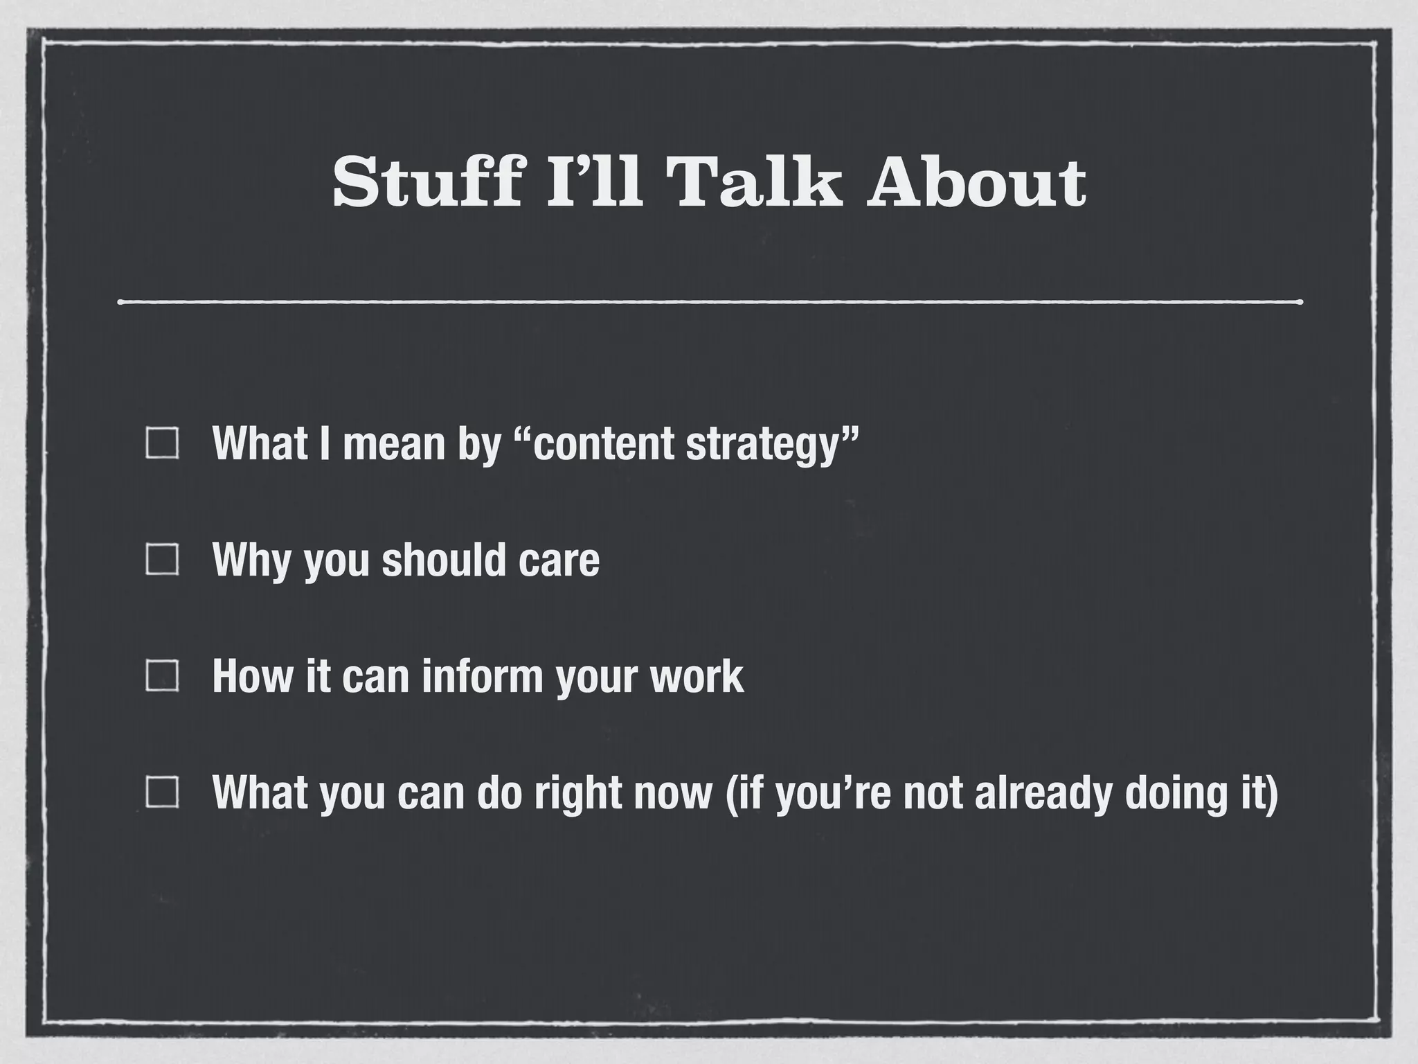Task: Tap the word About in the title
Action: tap(976, 182)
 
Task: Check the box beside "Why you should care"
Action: tap(163, 560)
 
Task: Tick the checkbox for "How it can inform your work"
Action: tap(163, 676)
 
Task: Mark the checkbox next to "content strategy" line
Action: tap(163, 443)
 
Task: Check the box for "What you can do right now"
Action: tap(163, 792)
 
